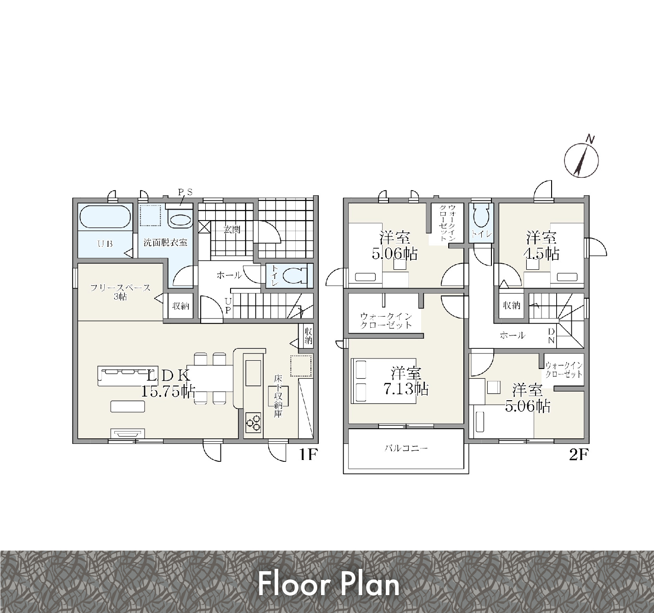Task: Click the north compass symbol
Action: [x=581, y=160]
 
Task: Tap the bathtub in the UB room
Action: [x=105, y=217]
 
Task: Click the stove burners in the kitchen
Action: [x=253, y=422]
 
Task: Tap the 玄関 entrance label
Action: [x=232, y=230]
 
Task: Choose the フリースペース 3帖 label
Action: [x=120, y=292]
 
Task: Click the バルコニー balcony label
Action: [x=406, y=448]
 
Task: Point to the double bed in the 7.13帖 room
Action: [x=383, y=380]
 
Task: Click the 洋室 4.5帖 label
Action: [x=541, y=245]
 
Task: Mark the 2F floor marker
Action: [x=579, y=455]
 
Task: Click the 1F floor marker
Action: [x=308, y=455]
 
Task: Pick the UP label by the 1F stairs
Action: [x=228, y=306]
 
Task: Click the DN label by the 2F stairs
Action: [x=551, y=336]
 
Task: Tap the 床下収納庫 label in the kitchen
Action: [x=278, y=396]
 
